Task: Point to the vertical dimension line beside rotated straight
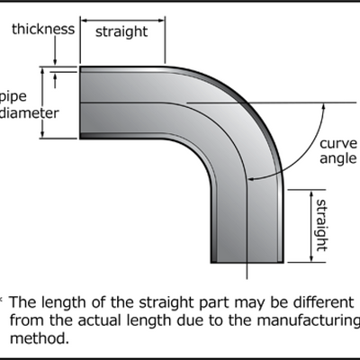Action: [303, 225]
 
